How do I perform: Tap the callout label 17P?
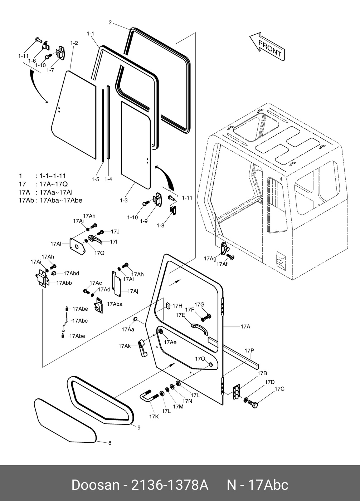coord(249,350)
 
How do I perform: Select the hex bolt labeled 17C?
coord(252,404)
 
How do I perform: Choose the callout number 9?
coord(139,427)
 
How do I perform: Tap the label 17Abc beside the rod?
coord(80,321)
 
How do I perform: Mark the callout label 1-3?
coord(123,201)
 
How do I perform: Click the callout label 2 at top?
coord(110,23)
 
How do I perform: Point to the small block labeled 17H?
coord(167,306)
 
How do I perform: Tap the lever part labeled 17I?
coord(94,239)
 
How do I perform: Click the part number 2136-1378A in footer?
coord(170,485)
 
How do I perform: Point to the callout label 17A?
coord(245,326)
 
